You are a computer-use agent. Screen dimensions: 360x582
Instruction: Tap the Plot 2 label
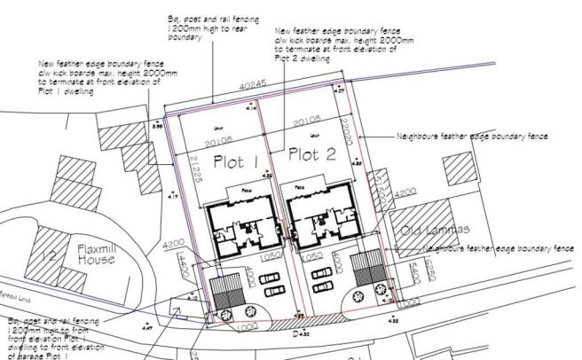coord(312,156)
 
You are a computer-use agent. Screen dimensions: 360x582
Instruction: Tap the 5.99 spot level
coord(158,128)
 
